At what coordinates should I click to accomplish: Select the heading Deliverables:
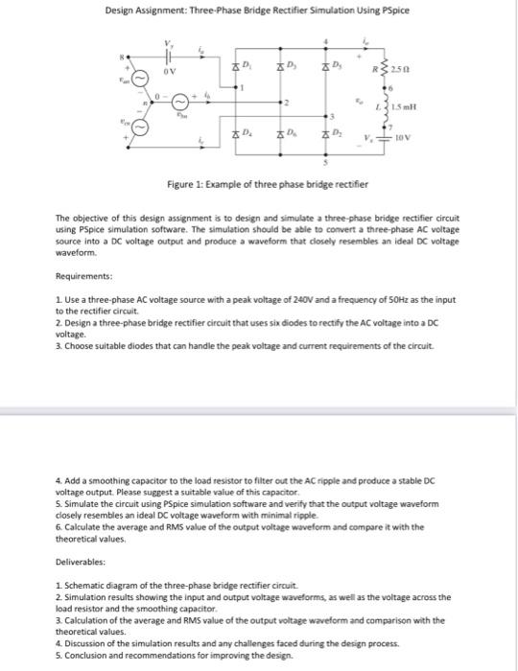[x=82, y=538]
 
